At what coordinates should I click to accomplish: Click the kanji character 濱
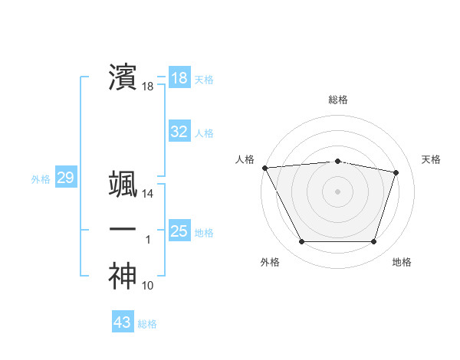(123, 78)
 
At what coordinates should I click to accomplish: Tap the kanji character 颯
(123, 185)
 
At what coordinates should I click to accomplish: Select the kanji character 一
(123, 231)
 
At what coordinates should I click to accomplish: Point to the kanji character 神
(123, 277)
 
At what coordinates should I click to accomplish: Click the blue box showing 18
(179, 78)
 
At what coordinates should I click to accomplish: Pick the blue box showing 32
(179, 132)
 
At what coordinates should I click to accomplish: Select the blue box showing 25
(179, 231)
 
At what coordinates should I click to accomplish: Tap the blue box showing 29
(65, 178)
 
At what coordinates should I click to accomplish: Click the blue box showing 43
(122, 322)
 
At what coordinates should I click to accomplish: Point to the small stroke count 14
(148, 195)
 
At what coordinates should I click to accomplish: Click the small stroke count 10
(148, 286)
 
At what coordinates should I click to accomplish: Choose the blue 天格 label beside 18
(204, 80)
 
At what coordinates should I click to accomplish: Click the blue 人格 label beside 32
(204, 133)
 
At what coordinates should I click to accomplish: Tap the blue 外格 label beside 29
(41, 180)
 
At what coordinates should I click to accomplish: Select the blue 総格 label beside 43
(147, 324)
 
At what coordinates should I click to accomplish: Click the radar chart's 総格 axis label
(338, 100)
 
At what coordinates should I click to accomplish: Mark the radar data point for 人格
(264, 168)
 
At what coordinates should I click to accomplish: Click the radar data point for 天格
(396, 172)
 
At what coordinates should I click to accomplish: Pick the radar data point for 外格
(301, 242)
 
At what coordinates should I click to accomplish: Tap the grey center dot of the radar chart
(338, 191)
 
